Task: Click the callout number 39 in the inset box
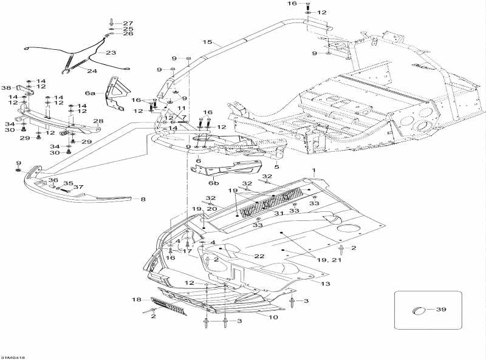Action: coord(442,310)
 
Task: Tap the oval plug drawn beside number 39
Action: coord(419,310)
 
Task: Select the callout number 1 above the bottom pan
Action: coord(313,169)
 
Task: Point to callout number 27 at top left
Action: coord(128,22)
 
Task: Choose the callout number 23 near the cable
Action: coord(111,53)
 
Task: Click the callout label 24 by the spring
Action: coord(91,71)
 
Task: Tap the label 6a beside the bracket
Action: coord(91,93)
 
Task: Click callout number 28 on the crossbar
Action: coord(98,121)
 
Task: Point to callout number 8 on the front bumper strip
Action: coord(143,199)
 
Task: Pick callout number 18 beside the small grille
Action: coord(137,300)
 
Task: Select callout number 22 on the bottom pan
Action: coord(259,256)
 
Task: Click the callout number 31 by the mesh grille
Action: coord(279,213)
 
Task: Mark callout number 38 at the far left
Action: coord(6,87)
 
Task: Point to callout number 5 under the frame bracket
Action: coord(276,166)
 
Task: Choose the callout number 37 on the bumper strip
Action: coord(78,187)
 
